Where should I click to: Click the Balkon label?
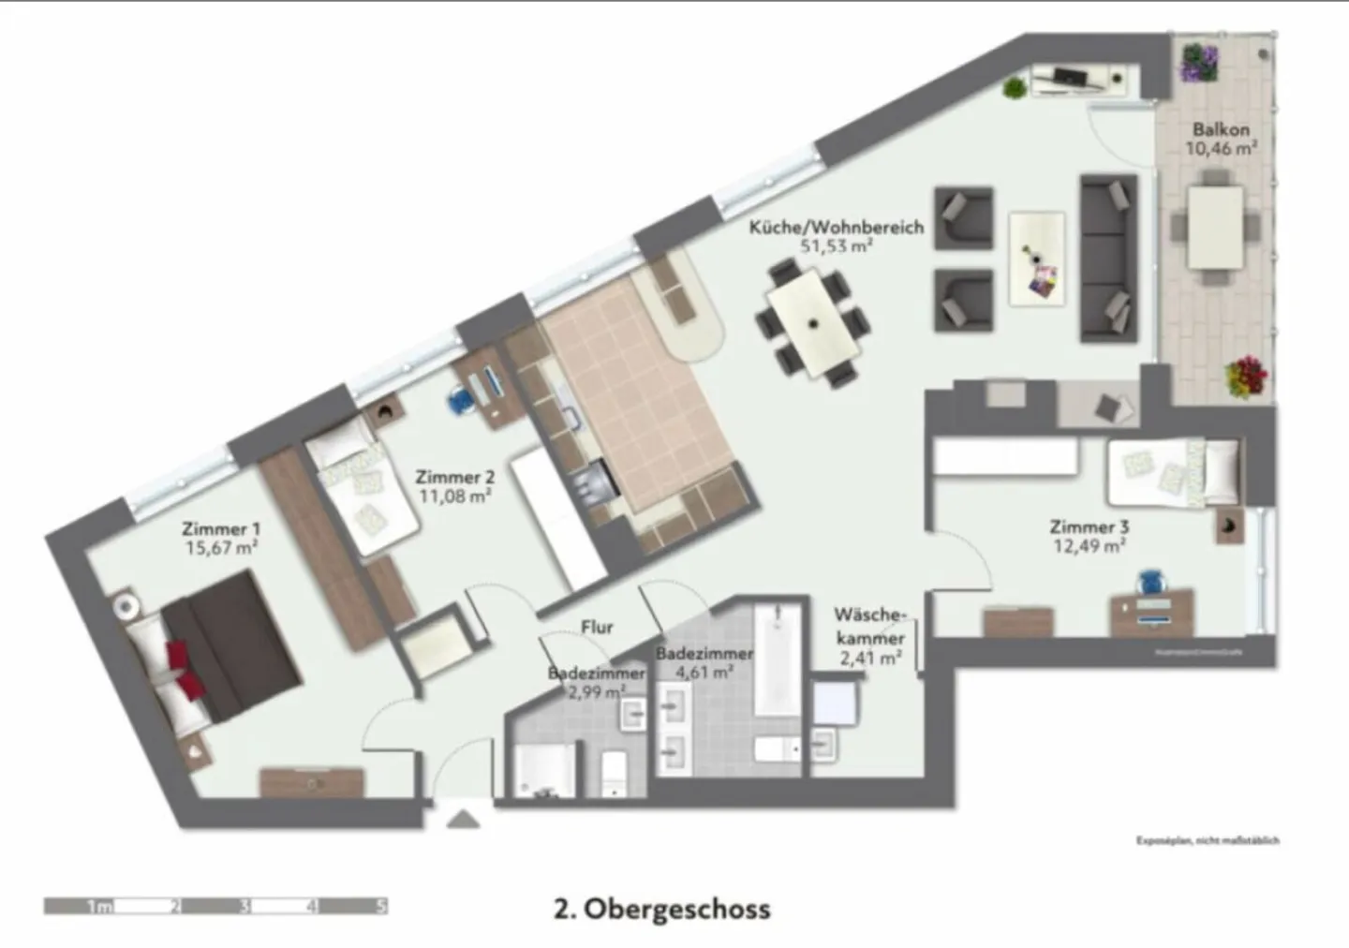[x=1220, y=129]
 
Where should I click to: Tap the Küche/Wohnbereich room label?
[x=836, y=227]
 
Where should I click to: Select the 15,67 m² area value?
[x=221, y=548]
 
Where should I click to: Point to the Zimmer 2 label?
[x=454, y=477]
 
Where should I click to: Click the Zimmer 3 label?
[x=1089, y=526]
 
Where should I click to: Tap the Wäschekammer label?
[x=870, y=627]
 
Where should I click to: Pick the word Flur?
[x=597, y=627]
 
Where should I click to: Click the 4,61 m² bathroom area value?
[x=704, y=672]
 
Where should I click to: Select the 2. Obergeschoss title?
[x=662, y=909]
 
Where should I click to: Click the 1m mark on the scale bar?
[x=99, y=906]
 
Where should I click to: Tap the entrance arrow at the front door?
[x=463, y=821]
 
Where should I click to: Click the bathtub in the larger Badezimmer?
[x=778, y=660]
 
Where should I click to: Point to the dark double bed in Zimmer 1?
[x=230, y=646]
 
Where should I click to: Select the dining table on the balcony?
[x=1215, y=228]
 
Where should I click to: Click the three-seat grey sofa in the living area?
[x=1108, y=257]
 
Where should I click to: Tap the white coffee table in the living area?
[x=1036, y=258]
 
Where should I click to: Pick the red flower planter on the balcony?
[x=1244, y=377]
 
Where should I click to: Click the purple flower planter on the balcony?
[x=1199, y=62]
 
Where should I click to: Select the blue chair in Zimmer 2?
[x=460, y=400]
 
